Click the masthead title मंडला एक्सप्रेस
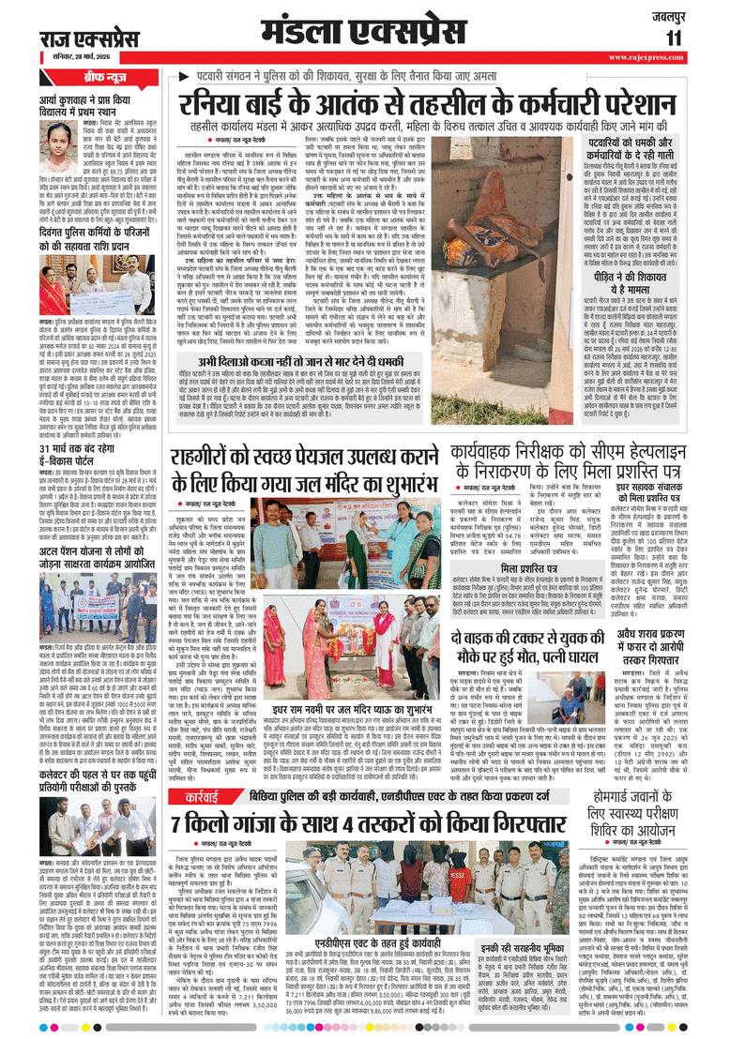(x=366, y=31)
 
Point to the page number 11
(x=675, y=38)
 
